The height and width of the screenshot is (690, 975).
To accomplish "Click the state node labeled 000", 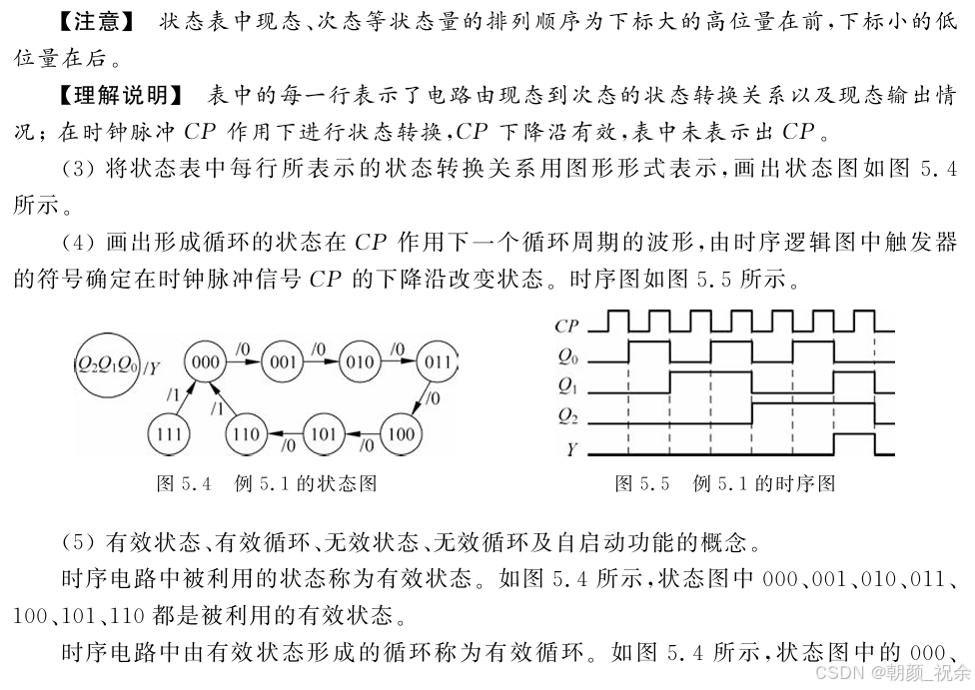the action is click(x=205, y=360).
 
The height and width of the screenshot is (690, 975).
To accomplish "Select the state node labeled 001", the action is click(x=283, y=360).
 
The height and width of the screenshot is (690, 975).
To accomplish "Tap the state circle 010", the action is click(x=360, y=360).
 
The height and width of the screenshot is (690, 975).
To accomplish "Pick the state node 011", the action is click(x=437, y=360).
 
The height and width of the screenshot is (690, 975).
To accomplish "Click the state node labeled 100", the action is click(x=400, y=434).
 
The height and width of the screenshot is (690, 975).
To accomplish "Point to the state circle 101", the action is click(x=323, y=434).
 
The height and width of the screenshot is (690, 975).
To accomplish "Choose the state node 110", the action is click(x=245, y=434).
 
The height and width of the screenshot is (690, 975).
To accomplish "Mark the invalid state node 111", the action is click(x=168, y=434).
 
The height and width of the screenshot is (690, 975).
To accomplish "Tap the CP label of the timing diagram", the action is click(x=566, y=325).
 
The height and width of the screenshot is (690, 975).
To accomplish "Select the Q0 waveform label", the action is click(x=566, y=354).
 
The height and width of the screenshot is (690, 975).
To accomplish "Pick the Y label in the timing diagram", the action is click(x=570, y=448).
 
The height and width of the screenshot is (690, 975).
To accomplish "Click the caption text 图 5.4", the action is click(x=185, y=484).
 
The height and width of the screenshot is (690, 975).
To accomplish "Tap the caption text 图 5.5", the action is click(x=641, y=484).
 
